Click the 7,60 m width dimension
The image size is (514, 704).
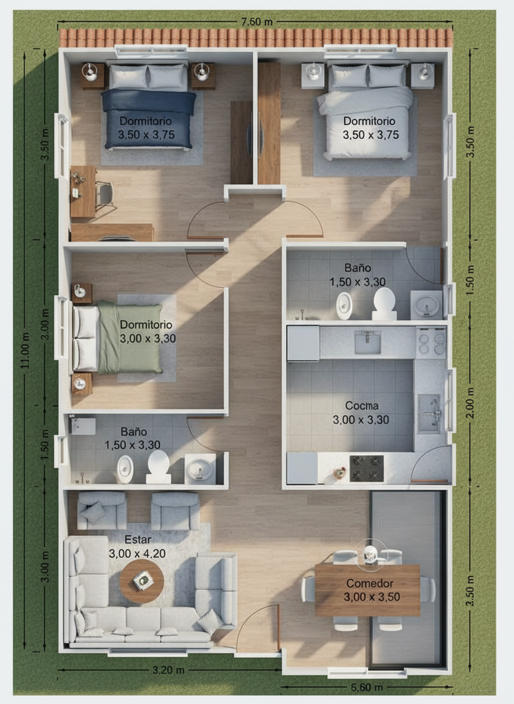tap(256, 21)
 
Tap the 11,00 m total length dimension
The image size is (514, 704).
tap(25, 351)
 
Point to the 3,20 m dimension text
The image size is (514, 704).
tap(168, 670)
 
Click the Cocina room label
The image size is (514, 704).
tap(362, 406)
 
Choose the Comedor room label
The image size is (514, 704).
tap(370, 583)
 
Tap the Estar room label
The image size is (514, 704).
tap(138, 539)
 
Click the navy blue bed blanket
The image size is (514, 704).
tap(149, 118)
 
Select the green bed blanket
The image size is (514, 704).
tap(130, 338)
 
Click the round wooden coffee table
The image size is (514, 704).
tap(142, 581)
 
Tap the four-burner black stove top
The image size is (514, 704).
tap(366, 469)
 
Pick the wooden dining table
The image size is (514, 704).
tap(368, 590)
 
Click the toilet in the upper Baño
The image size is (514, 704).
tap(384, 303)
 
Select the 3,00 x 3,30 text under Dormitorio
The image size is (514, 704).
tap(148, 338)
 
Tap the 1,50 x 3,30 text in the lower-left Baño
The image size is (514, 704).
tap(133, 445)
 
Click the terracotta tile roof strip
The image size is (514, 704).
tap(256, 38)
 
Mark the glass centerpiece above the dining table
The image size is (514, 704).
tap(370, 553)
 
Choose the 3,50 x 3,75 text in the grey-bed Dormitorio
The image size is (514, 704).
tap(371, 135)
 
